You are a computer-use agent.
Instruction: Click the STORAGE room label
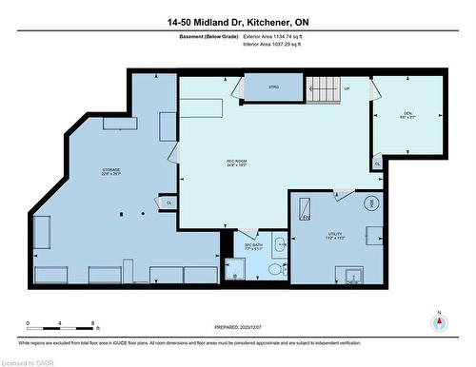[x=111, y=172]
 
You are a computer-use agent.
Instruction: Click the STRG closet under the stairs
[x=273, y=87]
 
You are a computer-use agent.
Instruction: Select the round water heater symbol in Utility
[x=370, y=203]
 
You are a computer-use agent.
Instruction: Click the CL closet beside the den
[x=377, y=164]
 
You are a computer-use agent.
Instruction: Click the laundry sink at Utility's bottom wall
[x=353, y=277]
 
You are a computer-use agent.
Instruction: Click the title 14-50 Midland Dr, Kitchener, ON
[x=237, y=20]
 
